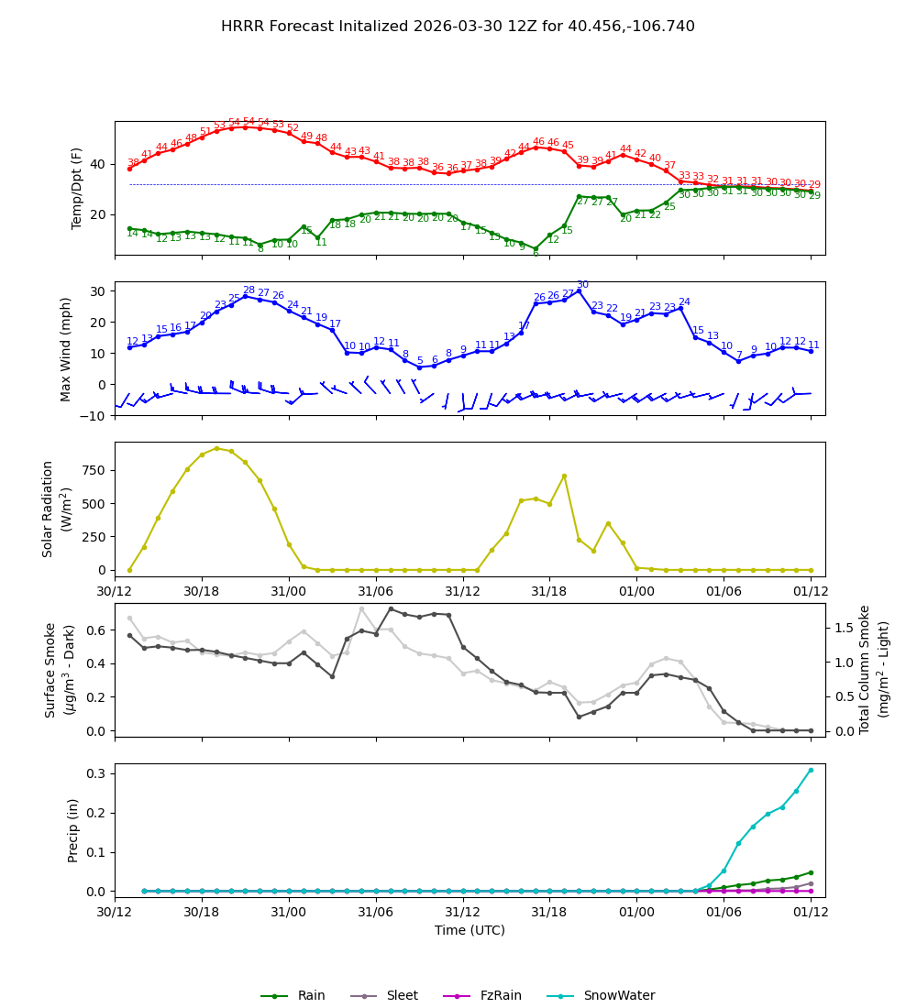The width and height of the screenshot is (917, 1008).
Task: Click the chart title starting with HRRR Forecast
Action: click(x=458, y=27)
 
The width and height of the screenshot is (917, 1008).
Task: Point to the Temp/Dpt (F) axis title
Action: click(x=77, y=188)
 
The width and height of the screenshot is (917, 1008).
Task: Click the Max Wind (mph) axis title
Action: click(x=66, y=348)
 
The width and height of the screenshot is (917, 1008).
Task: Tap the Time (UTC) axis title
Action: click(x=470, y=930)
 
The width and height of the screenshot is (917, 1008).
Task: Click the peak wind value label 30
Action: click(x=582, y=285)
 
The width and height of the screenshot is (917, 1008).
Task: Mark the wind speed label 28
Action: click(x=249, y=290)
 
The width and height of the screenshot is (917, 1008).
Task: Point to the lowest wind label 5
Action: click(x=420, y=361)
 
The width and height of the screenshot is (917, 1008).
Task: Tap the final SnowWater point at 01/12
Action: click(x=811, y=770)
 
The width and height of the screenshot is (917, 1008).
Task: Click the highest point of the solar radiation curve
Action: click(x=216, y=448)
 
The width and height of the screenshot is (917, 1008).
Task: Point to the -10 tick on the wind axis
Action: click(x=92, y=416)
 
